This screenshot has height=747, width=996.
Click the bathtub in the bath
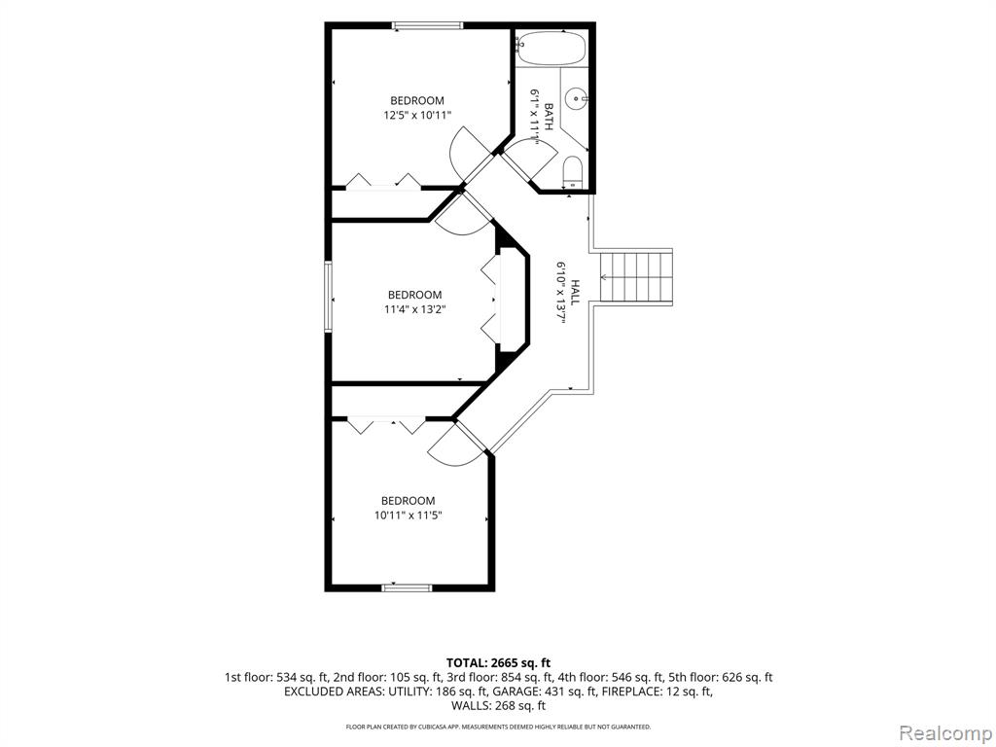click(x=551, y=47)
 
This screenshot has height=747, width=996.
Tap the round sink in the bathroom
click(x=578, y=98)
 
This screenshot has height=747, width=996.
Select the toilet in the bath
click(x=573, y=171)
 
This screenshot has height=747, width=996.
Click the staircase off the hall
click(x=636, y=277)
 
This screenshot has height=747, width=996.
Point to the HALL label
click(x=575, y=292)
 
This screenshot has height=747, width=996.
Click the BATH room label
click(x=549, y=117)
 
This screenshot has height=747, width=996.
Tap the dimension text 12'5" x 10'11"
click(x=416, y=116)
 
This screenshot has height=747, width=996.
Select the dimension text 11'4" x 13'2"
click(x=414, y=310)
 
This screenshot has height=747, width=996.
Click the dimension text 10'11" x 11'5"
click(x=408, y=516)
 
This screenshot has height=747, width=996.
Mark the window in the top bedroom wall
click(x=427, y=26)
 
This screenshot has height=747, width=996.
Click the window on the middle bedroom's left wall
click(x=329, y=297)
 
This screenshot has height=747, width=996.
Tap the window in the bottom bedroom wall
click(x=408, y=587)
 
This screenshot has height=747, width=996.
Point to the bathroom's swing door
click(x=527, y=160)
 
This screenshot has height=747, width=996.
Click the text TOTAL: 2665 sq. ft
click(x=498, y=663)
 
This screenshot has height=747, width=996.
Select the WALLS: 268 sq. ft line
click(x=498, y=706)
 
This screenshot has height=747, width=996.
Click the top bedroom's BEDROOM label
click(x=416, y=100)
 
